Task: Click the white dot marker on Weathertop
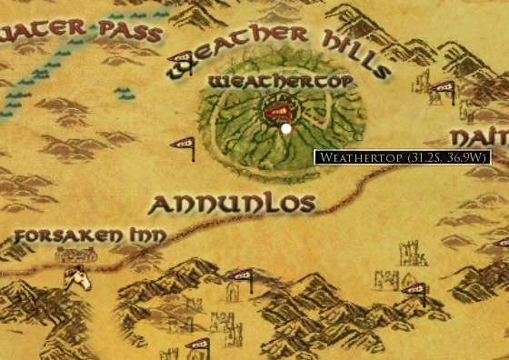[286, 129]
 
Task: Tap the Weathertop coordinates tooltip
[403, 157]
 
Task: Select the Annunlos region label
[231, 204]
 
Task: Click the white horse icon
[76, 276]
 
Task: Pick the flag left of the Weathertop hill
[184, 145]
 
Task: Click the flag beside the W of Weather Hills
[182, 61]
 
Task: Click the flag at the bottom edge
[197, 345]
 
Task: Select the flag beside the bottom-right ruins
[415, 291]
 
